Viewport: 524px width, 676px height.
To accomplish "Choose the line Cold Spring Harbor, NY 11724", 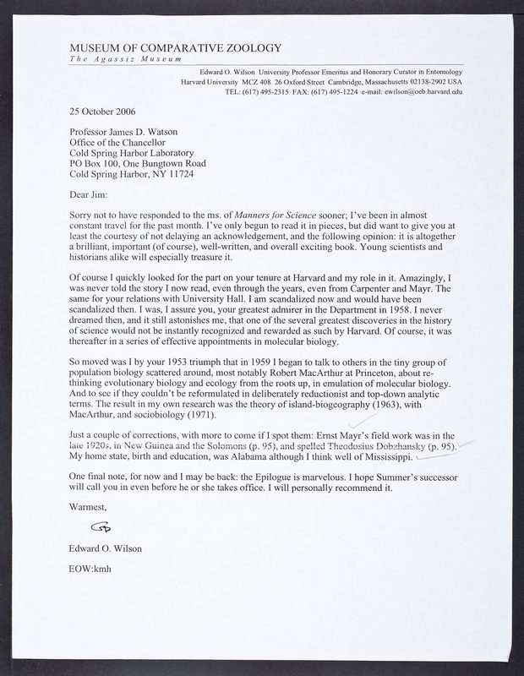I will point(142,175).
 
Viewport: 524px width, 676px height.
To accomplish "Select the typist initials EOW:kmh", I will point(90,568).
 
